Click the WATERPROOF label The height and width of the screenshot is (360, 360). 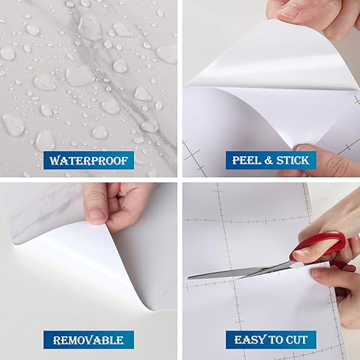(89, 160)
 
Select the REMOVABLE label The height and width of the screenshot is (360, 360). (89, 339)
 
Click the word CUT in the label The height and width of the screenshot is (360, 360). (297, 339)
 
